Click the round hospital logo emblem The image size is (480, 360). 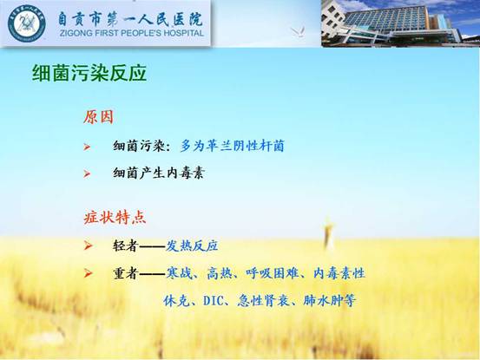pyautogui.click(x=27, y=23)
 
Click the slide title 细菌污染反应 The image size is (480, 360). pyautogui.click(x=89, y=73)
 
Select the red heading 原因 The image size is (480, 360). pyautogui.click(x=99, y=117)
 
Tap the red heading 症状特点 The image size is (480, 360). pyautogui.click(x=115, y=218)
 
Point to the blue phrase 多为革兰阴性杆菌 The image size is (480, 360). pyautogui.click(x=232, y=146)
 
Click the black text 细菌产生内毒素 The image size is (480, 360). pyautogui.click(x=158, y=173)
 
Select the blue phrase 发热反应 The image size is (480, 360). pyautogui.click(x=192, y=245)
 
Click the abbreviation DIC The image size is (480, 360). pyautogui.click(x=214, y=301)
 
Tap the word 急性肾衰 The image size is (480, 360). pyautogui.click(x=263, y=301)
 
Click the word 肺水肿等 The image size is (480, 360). pyautogui.click(x=329, y=301)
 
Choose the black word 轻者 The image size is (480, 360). pyautogui.click(x=126, y=245)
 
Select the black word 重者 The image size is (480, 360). pyautogui.click(x=126, y=273)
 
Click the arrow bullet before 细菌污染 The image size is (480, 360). pyautogui.click(x=88, y=147)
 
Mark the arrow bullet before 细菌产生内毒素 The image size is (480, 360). pyautogui.click(x=88, y=174)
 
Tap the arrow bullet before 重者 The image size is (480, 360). pyautogui.click(x=88, y=273)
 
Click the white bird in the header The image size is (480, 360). pyautogui.click(x=298, y=31)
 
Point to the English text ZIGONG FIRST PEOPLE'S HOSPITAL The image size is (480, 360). pyautogui.click(x=132, y=33)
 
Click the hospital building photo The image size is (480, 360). pyautogui.click(x=400, y=23)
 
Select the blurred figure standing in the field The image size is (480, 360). pyautogui.click(x=328, y=232)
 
